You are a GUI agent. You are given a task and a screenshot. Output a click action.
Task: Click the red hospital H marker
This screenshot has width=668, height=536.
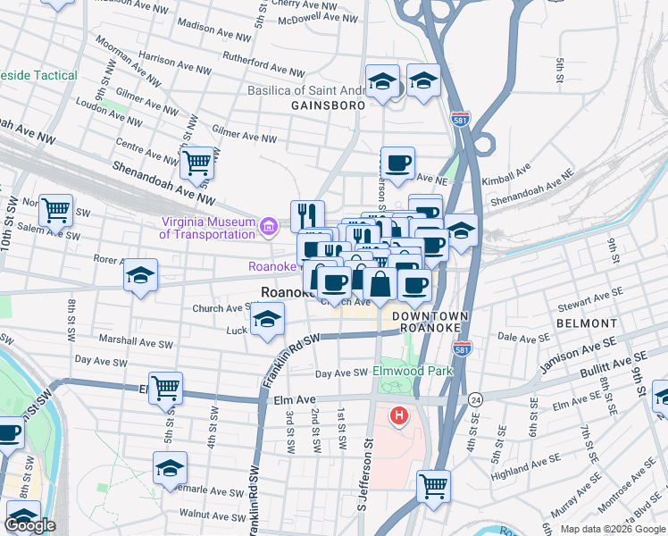[x=399, y=415]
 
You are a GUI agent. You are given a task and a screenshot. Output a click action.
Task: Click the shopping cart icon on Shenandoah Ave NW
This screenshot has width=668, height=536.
[x=196, y=163]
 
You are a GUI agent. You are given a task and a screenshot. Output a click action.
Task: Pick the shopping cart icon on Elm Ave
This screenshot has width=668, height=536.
[x=166, y=389]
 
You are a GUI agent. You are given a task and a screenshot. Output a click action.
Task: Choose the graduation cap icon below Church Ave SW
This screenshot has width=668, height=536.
[x=267, y=320]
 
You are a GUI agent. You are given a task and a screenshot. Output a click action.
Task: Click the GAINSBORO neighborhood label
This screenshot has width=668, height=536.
[x=328, y=105]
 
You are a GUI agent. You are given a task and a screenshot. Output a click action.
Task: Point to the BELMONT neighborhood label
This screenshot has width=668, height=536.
[x=586, y=322]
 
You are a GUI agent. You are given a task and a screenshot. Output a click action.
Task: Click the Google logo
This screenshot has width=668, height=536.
[x=29, y=525]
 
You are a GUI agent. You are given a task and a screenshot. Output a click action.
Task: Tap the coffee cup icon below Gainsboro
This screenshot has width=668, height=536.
[x=397, y=163]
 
